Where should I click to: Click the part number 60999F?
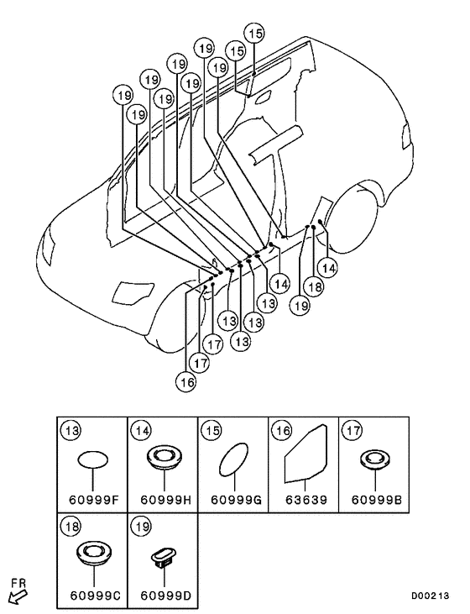[93, 500]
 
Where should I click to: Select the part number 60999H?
[166, 500]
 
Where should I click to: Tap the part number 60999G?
[237, 500]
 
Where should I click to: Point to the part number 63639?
[305, 500]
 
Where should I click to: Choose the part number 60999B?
[377, 500]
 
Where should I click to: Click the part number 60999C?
[96, 596]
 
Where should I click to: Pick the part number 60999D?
[166, 596]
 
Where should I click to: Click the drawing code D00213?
[430, 596]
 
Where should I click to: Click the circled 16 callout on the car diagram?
[185, 382]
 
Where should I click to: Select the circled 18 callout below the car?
[314, 287]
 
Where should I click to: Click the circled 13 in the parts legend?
[71, 431]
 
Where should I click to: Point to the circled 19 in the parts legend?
[142, 527]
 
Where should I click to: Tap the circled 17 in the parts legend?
[352, 431]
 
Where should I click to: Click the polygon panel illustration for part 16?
[306, 453]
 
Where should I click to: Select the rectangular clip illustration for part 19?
[164, 556]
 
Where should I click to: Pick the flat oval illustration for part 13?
[93, 459]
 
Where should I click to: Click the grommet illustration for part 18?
[94, 553]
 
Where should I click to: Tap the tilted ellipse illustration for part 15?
[234, 459]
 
